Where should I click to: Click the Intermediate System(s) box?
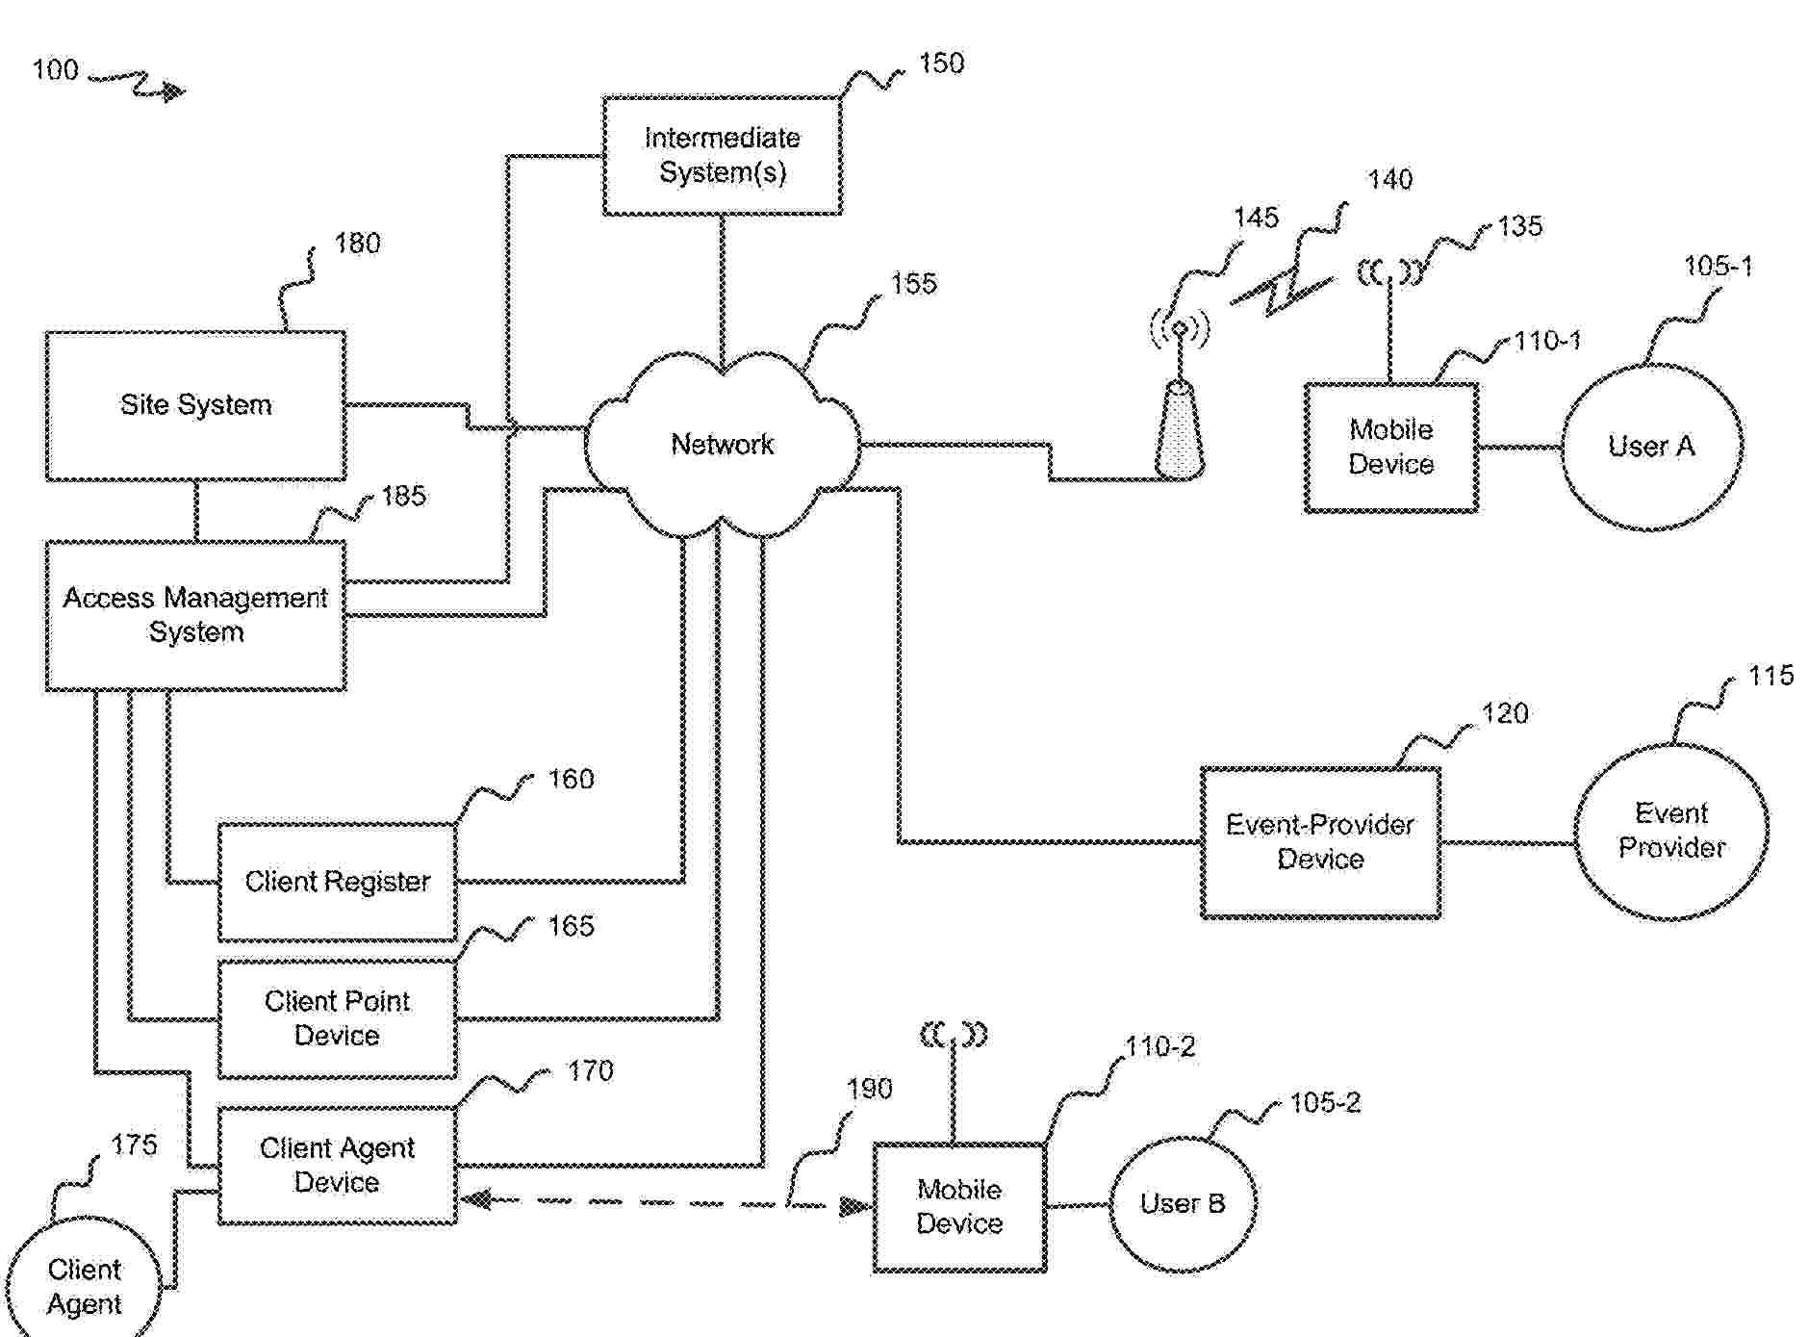coord(722,155)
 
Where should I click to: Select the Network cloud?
coord(722,444)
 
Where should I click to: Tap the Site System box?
coord(195,405)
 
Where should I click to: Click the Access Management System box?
coord(195,615)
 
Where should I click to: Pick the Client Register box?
coord(337,882)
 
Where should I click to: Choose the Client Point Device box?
coord(337,1018)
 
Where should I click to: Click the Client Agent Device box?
coord(337,1165)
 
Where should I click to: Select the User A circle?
coord(1651,447)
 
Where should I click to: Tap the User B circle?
coord(1183,1204)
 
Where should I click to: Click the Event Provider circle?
coord(1671,831)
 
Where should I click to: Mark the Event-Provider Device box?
coord(1320,842)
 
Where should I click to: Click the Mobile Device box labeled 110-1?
coord(1390,448)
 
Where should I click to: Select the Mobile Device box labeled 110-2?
coord(959,1207)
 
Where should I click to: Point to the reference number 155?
coord(913,284)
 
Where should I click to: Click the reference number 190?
coord(869,1089)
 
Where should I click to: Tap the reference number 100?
coord(55,70)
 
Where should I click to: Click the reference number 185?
coord(403,496)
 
